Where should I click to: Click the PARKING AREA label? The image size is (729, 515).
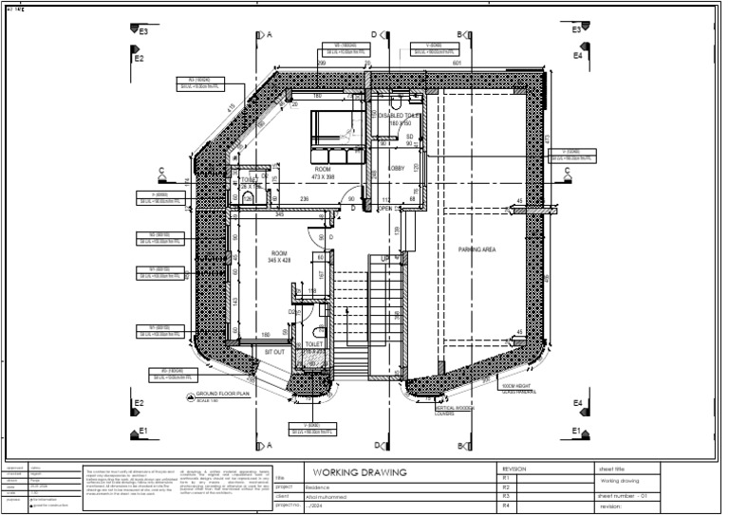pyautogui.click(x=478, y=249)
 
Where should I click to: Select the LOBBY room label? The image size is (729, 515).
pyautogui.click(x=395, y=168)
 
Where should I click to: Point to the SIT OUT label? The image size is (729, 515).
pyautogui.click(x=274, y=350)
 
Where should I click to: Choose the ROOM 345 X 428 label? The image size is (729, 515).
pyautogui.click(x=279, y=256)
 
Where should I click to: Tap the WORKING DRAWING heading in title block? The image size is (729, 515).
pyautogui.click(x=359, y=471)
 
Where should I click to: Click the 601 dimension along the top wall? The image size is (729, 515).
pyautogui.click(x=457, y=63)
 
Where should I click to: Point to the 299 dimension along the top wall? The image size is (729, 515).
pyautogui.click(x=321, y=63)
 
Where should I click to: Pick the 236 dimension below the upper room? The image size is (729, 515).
pyautogui.click(x=305, y=198)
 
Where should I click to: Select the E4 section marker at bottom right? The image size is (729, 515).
pyautogui.click(x=578, y=404)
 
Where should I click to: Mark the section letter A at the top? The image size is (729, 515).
pyautogui.click(x=270, y=35)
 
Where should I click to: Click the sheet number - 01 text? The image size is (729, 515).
pyautogui.click(x=622, y=496)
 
